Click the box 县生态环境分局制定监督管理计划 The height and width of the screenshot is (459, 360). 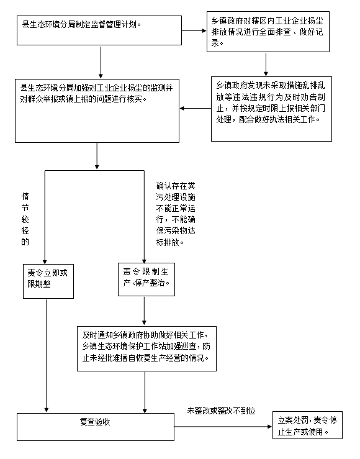point(99,30)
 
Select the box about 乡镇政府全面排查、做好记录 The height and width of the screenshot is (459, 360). point(268,32)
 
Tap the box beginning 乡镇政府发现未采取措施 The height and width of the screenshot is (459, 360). point(271,109)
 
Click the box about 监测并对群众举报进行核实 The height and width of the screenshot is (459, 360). point(97,111)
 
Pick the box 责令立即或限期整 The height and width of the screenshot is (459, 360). point(48,281)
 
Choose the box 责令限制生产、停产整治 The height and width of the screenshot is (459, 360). point(146,279)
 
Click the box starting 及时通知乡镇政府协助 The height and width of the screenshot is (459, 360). point(146,348)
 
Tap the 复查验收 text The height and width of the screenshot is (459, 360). point(95,422)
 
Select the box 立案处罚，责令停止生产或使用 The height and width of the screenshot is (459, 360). point(307,425)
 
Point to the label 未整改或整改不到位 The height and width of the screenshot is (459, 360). point(222,411)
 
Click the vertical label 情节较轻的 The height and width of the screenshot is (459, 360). point(25,219)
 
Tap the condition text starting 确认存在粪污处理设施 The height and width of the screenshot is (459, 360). point(176,214)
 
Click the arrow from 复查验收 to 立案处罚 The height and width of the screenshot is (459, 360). point(223,427)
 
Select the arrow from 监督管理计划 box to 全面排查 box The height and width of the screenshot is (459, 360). point(194,30)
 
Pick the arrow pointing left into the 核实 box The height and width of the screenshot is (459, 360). point(196,108)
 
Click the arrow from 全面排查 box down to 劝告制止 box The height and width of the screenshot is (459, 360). point(266,65)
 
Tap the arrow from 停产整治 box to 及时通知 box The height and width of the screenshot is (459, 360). point(144,311)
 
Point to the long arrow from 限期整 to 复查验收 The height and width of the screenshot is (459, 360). point(46,356)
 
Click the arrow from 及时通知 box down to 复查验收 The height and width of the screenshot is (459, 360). point(145,393)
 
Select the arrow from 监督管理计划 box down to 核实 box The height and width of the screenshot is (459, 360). point(101,62)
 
